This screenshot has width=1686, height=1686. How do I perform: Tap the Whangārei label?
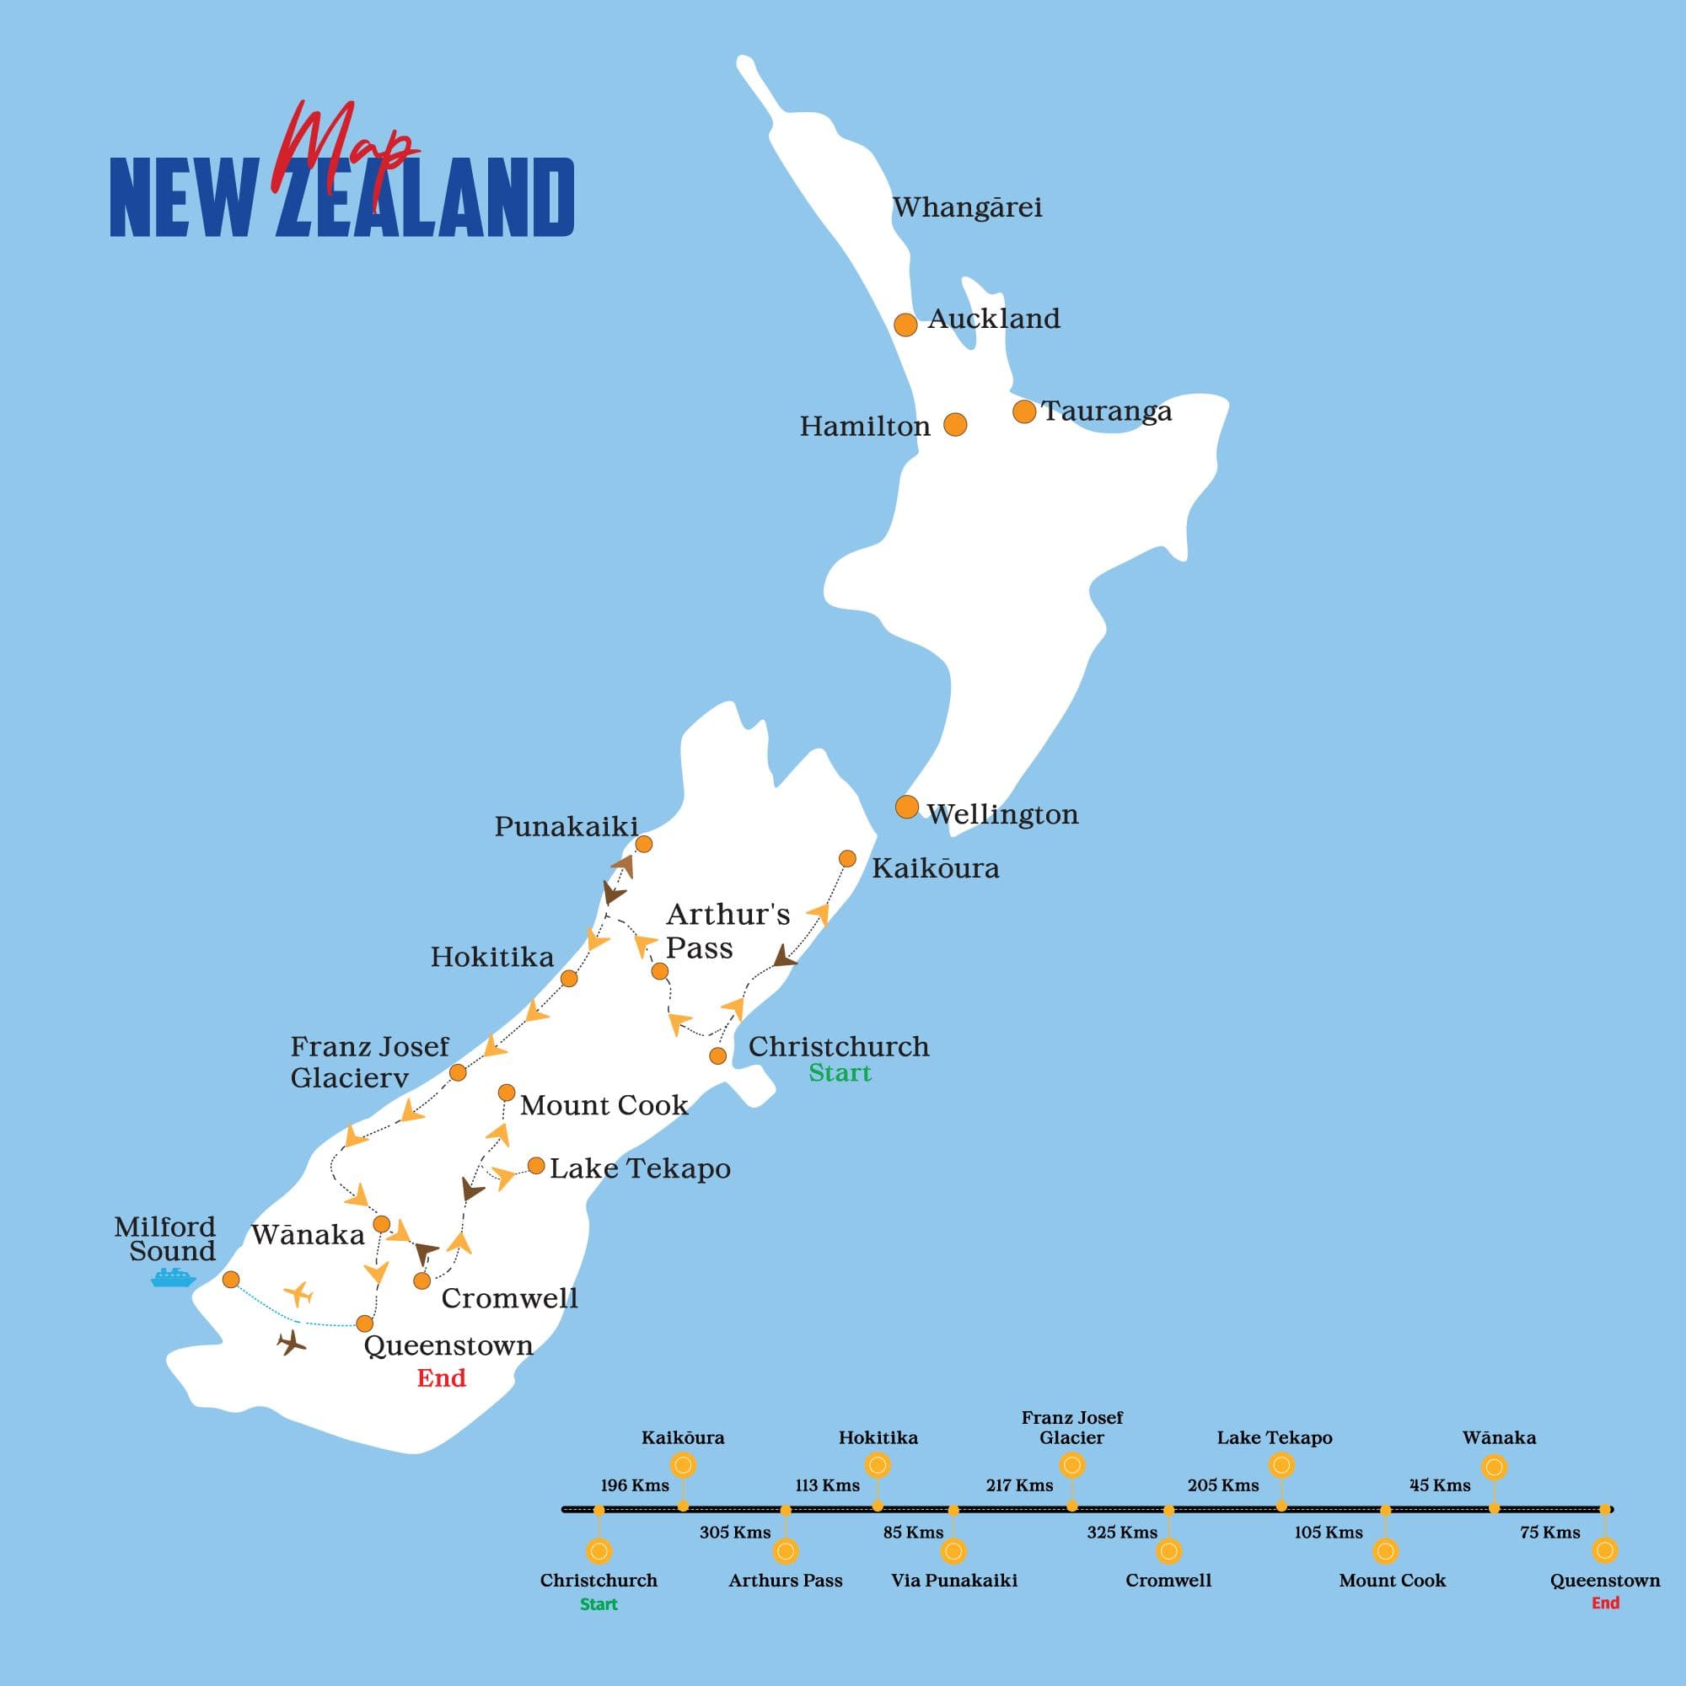(x=967, y=207)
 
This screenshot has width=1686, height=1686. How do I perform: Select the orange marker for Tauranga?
(x=1023, y=411)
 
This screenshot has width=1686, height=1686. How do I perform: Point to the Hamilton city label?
(x=864, y=427)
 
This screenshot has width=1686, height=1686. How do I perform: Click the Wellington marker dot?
(x=907, y=807)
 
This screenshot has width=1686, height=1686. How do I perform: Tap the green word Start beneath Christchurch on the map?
(x=839, y=1073)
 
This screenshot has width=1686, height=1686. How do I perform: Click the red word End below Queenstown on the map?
(x=441, y=1379)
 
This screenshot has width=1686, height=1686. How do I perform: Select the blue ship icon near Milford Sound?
(x=173, y=1279)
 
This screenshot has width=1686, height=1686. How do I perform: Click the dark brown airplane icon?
(x=292, y=1343)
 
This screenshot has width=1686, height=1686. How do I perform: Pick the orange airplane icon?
(x=298, y=1293)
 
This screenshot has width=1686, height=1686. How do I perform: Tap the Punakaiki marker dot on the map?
(x=643, y=844)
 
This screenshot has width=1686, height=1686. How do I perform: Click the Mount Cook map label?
(x=604, y=1106)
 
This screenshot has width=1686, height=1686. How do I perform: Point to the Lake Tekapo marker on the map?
(x=536, y=1166)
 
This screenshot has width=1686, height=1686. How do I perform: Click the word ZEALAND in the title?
(x=425, y=198)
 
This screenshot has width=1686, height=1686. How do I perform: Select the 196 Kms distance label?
(x=635, y=1485)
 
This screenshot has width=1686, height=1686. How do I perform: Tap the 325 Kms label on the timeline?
(x=1121, y=1533)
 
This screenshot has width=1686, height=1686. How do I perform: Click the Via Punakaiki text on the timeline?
(x=953, y=1581)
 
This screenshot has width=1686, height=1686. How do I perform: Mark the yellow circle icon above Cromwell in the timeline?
(x=1168, y=1551)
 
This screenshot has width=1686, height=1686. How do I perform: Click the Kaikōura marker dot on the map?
(x=846, y=859)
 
